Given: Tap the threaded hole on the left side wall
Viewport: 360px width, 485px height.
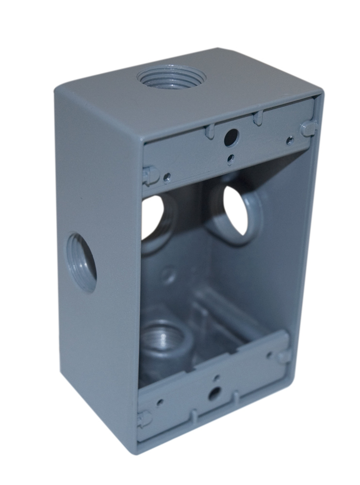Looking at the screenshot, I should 82,262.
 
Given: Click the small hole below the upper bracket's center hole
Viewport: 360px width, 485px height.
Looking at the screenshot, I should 231,158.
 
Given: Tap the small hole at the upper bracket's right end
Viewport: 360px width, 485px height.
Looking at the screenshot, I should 290,141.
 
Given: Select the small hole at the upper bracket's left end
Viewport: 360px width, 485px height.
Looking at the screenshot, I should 167,177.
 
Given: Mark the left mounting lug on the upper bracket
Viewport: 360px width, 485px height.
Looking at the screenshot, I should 150,175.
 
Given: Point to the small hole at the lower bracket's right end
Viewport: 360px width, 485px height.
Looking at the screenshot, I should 270,356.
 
